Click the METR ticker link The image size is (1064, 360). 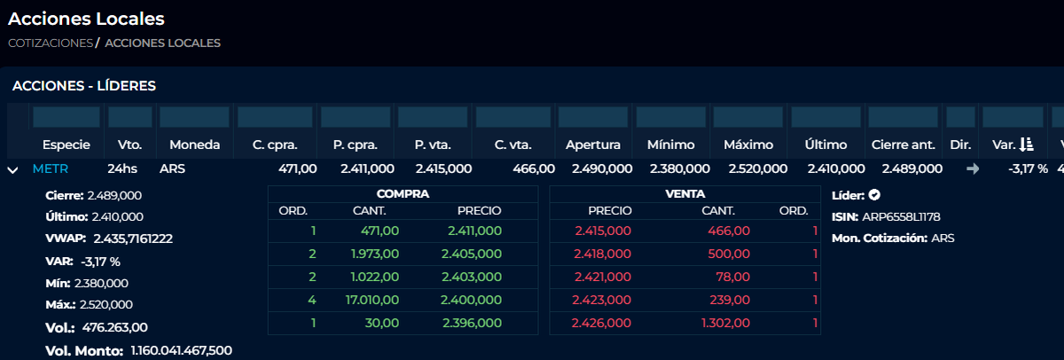(51, 168)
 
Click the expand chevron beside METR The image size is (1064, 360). (13, 169)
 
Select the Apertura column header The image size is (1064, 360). (593, 145)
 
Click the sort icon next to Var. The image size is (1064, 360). (1026, 145)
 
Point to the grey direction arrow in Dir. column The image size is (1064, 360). (973, 168)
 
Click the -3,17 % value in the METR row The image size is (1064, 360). (1028, 168)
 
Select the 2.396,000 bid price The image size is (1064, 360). (472, 323)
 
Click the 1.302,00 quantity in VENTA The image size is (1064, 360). (725, 323)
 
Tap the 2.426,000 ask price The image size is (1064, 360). (602, 323)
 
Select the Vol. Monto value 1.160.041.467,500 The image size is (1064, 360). (181, 350)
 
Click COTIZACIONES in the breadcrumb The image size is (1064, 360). (51, 43)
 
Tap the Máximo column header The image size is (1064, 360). (748, 145)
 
